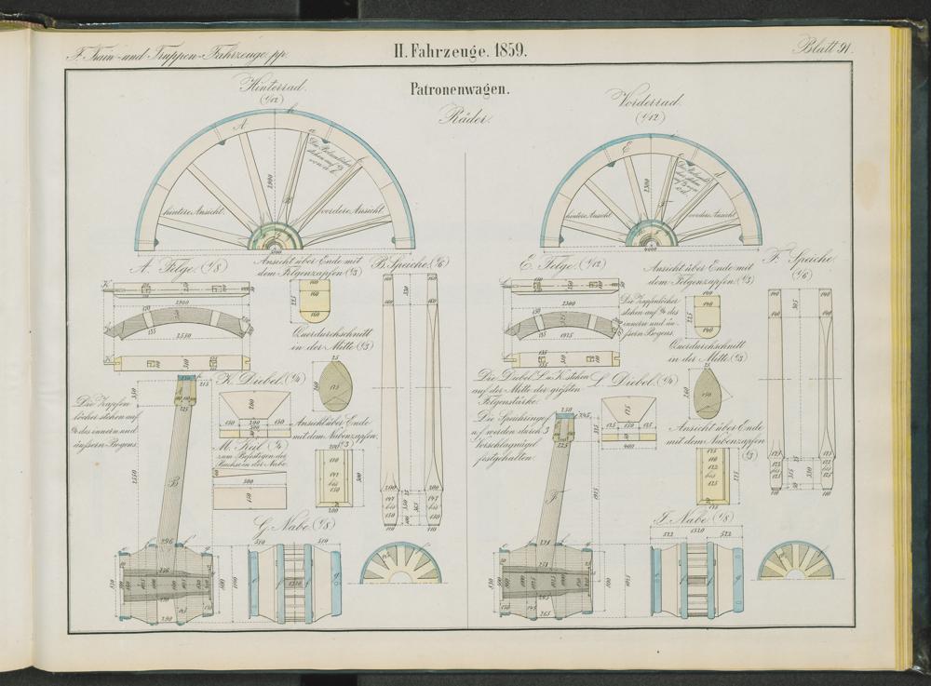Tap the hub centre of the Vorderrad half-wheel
(x=650, y=235)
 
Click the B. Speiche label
(x=413, y=263)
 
